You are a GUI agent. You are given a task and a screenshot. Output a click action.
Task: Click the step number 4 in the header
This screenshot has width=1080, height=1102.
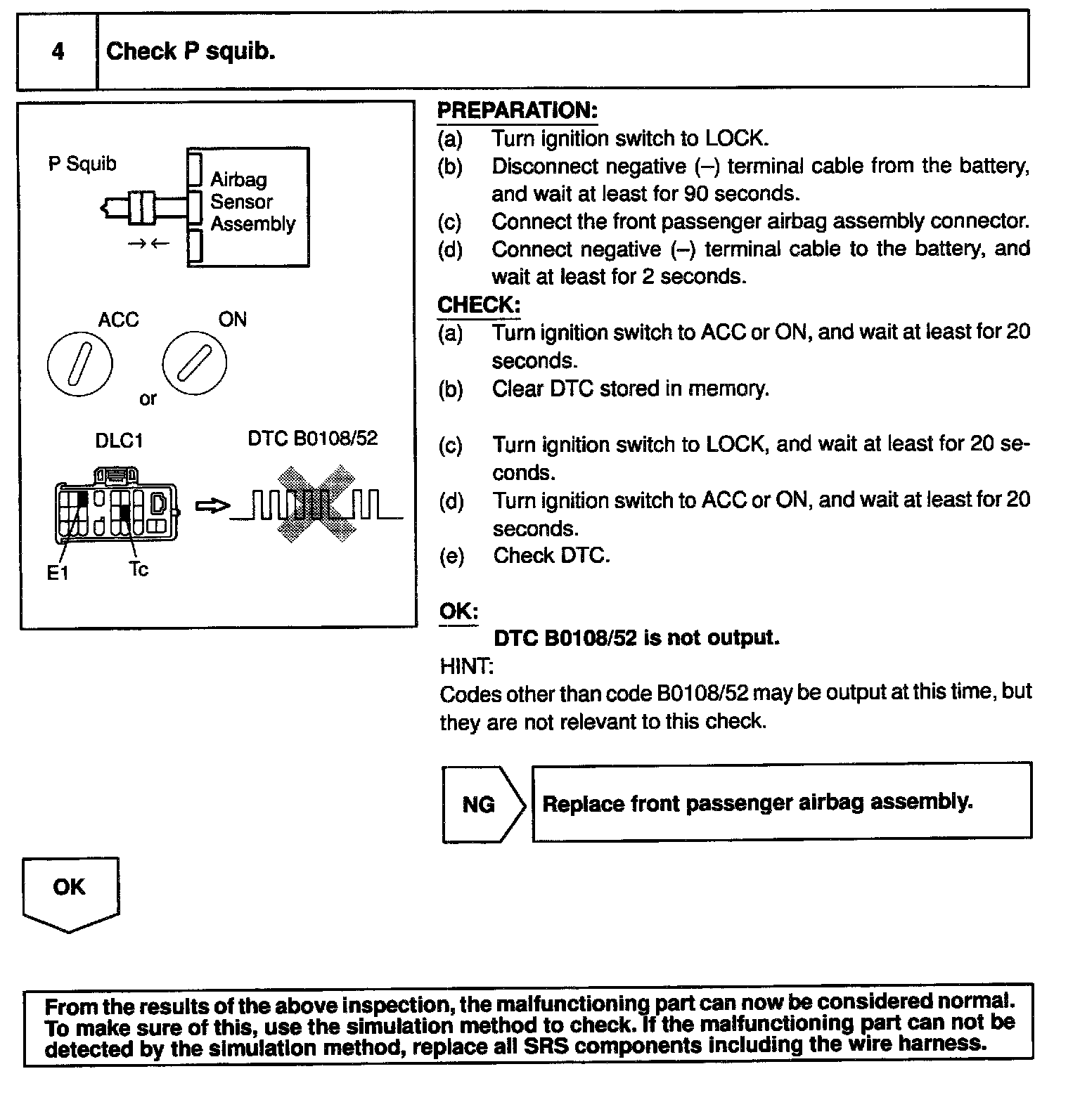coord(58,51)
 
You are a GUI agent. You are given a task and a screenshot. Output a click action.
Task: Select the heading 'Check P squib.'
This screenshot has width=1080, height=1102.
coord(190,51)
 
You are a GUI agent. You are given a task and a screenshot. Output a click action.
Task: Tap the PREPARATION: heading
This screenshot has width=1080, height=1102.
coord(517,110)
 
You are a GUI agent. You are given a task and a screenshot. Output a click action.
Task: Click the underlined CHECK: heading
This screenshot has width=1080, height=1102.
coord(478,305)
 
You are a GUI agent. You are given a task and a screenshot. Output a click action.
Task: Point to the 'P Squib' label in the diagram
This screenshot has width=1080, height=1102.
coord(82,164)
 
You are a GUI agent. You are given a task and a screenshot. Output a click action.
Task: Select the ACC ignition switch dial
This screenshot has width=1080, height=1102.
coord(79,364)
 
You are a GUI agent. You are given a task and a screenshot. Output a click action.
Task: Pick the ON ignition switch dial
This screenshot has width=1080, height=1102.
coord(194,363)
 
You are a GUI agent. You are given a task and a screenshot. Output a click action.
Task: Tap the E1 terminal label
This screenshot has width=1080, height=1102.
coord(58,573)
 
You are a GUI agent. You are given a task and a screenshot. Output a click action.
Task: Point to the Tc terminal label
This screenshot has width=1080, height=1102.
coord(139,569)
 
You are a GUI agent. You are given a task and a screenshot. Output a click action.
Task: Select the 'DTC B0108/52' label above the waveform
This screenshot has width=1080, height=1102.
coord(312,439)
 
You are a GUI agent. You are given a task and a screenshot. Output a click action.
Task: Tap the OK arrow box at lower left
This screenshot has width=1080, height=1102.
coord(70,890)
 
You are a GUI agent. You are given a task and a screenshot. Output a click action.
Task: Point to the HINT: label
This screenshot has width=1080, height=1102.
coord(465,666)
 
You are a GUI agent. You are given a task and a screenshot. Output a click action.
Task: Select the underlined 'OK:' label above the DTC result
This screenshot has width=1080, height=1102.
coord(458,611)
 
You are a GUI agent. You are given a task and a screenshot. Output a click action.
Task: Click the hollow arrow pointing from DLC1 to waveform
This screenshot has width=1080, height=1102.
coord(212,506)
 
